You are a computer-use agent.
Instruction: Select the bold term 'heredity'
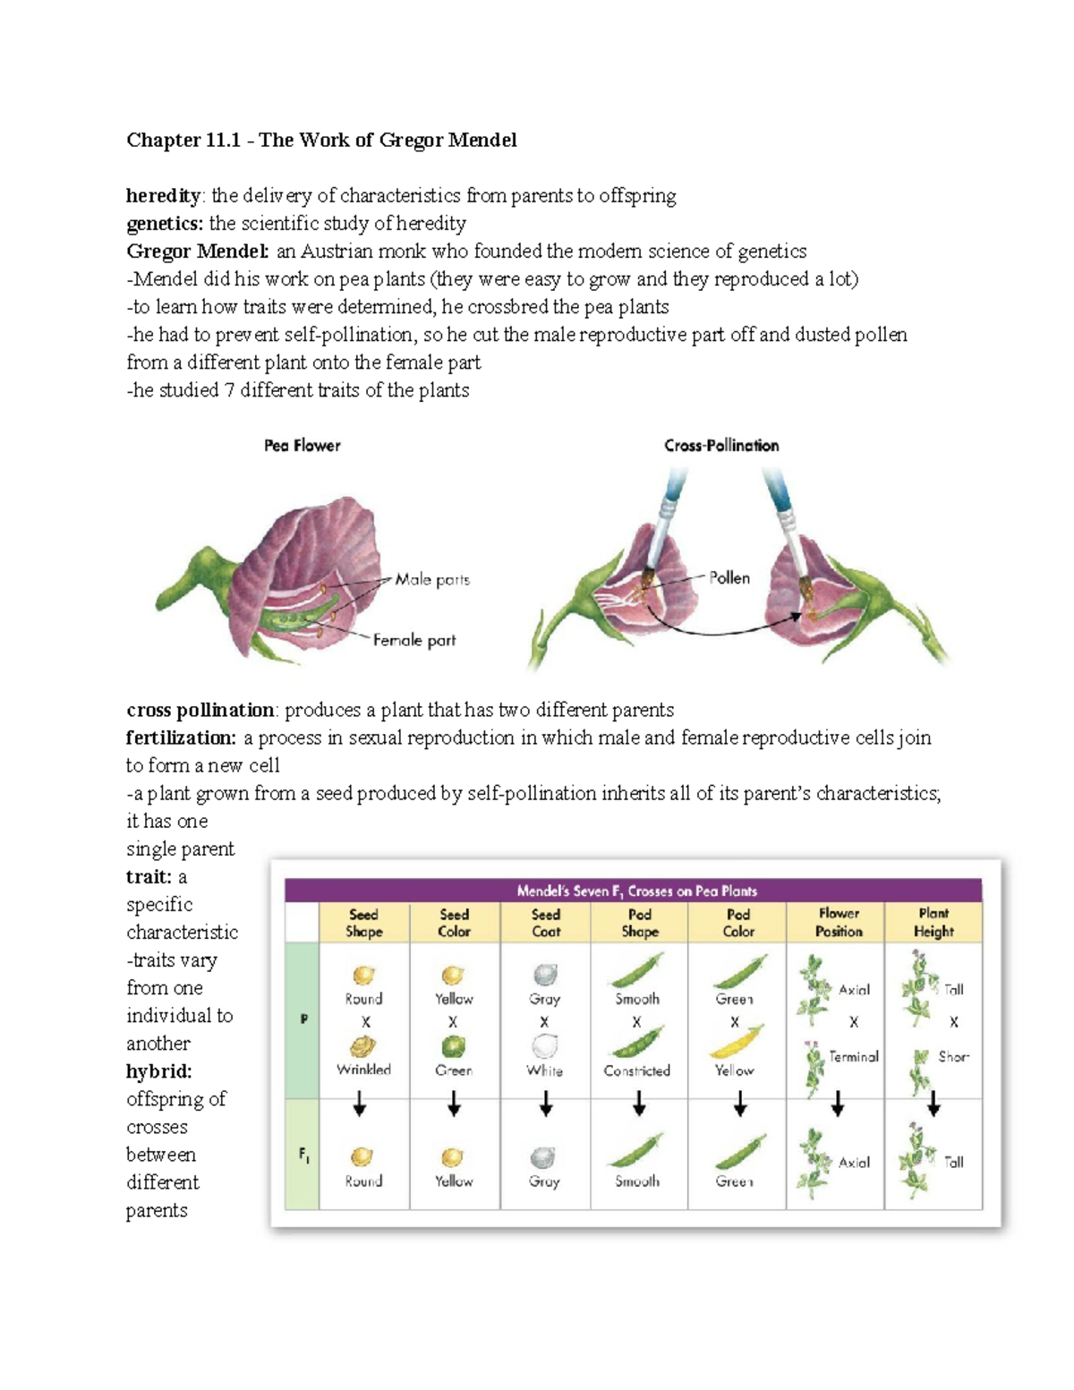click(164, 196)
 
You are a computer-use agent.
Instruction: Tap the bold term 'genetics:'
click(165, 224)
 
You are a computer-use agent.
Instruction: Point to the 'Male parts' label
click(432, 580)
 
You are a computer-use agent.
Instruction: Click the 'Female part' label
click(414, 641)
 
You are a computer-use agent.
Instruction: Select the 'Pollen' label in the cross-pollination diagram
click(729, 578)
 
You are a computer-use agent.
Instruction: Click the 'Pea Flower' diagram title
click(302, 446)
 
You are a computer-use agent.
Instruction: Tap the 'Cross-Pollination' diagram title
click(721, 446)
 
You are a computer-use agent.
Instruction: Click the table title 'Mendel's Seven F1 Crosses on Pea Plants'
click(636, 891)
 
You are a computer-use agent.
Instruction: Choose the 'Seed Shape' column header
click(363, 923)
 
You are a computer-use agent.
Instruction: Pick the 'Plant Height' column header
click(933, 923)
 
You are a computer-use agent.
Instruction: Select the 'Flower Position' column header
click(838, 923)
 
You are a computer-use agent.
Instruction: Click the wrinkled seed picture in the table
click(362, 1046)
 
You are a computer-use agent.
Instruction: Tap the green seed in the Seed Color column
click(454, 1046)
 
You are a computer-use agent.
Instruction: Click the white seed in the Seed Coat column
click(544, 1046)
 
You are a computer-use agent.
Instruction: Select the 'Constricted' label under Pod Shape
click(636, 1070)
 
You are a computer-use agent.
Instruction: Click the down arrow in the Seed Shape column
click(360, 1105)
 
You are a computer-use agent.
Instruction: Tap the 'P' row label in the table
click(304, 1019)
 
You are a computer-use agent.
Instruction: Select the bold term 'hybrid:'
click(159, 1071)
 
